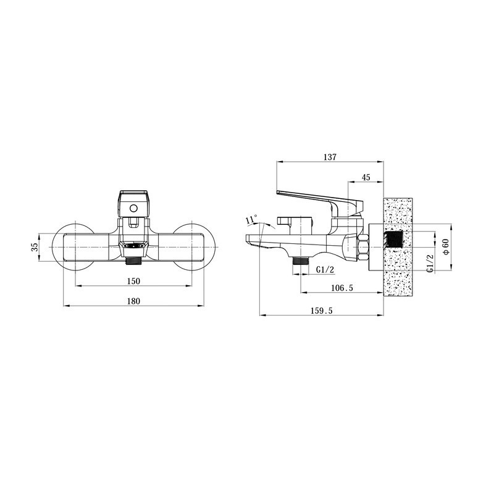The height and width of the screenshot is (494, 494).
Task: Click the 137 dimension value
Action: coord(330,157)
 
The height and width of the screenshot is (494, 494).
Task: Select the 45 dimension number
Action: coord(366,177)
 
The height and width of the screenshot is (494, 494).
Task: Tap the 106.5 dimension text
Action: coord(342,288)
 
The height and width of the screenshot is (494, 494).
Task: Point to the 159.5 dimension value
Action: coord(321,311)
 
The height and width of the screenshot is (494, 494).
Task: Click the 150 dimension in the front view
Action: coord(133,281)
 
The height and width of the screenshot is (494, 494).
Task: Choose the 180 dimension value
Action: coord(133,301)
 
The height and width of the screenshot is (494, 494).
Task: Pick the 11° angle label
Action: coord(252,219)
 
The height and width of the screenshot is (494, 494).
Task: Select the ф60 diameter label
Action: coord(445,246)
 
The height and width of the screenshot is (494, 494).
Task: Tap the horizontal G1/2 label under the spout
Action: coord(325,269)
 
